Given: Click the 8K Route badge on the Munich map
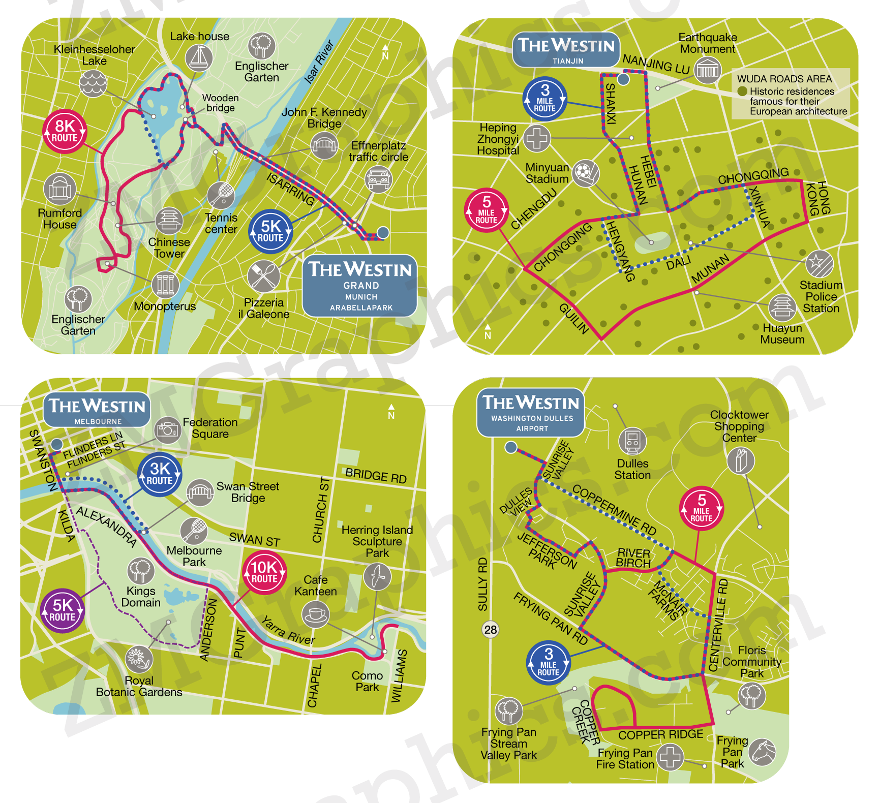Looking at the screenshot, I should [65, 131].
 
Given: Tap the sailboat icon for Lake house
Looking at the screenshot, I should [199, 57].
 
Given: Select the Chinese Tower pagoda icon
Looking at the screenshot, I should [169, 221].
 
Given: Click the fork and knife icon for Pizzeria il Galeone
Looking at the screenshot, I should [263, 276].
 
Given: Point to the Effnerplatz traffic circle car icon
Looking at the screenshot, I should [378, 179].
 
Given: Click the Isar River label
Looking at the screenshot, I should [319, 62].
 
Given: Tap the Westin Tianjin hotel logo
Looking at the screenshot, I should [566, 50].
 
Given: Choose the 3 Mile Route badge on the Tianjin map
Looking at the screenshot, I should [544, 99].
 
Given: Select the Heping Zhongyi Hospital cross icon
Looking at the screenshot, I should [537, 138].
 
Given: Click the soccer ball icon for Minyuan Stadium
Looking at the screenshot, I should [586, 173].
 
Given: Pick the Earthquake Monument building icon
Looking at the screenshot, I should [708, 70].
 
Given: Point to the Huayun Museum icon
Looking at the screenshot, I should [782, 307].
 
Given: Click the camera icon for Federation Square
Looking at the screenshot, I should [167, 430].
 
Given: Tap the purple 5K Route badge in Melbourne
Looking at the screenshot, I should [62, 610].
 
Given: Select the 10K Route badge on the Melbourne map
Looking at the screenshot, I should [264, 572].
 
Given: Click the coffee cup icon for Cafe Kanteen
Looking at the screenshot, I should [315, 614].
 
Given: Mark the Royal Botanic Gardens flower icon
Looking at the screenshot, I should [138, 659].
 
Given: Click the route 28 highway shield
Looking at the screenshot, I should [490, 630].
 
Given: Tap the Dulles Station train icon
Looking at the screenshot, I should [632, 441].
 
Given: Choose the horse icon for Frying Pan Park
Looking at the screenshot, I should [763, 752].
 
